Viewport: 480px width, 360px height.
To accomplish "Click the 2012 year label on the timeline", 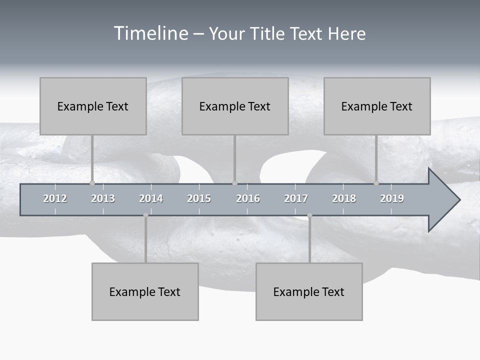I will tap(55, 198).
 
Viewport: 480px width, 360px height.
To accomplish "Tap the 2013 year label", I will tap(103, 198).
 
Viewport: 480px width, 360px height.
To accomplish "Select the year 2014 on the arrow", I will tap(151, 198).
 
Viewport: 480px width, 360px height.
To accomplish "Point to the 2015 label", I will tap(199, 198).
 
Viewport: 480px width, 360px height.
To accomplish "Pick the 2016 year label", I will tap(248, 198).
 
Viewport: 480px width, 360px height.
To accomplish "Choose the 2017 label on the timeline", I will tap(296, 198).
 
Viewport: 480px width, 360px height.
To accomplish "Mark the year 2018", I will tap(344, 198).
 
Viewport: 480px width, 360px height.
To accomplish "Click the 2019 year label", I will tap(392, 198).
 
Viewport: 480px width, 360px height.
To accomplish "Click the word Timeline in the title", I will tap(150, 33).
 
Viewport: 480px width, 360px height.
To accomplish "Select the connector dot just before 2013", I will tap(92, 183).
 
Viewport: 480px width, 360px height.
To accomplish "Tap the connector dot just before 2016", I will tap(235, 183).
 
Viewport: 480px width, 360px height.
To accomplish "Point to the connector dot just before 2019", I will tap(376, 183).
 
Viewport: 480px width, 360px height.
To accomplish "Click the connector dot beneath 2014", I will tap(145, 215).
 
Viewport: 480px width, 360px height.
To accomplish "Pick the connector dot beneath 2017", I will tap(309, 215).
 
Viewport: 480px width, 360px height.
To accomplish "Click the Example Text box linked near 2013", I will tap(93, 106).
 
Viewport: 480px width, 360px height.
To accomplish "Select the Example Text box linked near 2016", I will tap(235, 106).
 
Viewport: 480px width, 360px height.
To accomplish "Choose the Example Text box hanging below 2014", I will tap(145, 291).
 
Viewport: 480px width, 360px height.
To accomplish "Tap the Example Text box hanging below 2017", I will tap(309, 291).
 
